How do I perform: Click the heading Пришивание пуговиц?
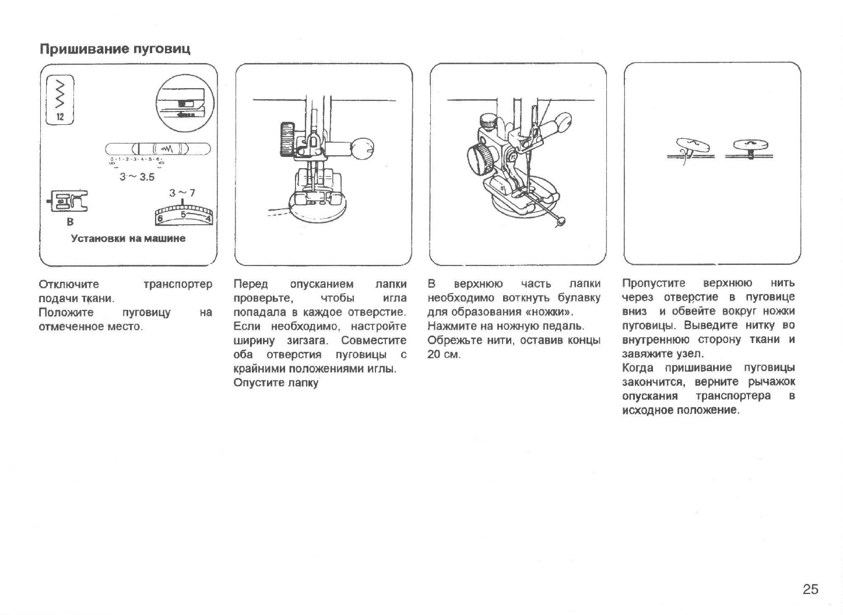(x=115, y=48)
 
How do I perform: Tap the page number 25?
(x=810, y=589)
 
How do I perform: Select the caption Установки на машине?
(x=128, y=238)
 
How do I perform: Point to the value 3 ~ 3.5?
(x=137, y=176)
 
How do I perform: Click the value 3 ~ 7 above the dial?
(x=182, y=193)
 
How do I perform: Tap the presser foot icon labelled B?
(x=69, y=202)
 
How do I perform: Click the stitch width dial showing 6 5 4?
(x=183, y=215)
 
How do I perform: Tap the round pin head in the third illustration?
(x=561, y=221)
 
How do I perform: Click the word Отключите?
(x=69, y=285)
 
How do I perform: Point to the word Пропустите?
(x=654, y=284)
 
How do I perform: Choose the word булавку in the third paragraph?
(x=578, y=298)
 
